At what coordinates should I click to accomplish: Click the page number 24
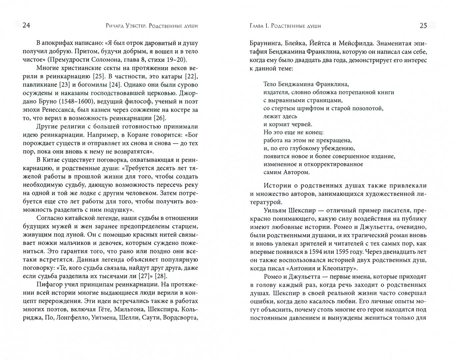[x=26, y=26]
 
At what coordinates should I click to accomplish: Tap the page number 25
[x=423, y=26]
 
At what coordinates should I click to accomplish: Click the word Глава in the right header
[x=256, y=26]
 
